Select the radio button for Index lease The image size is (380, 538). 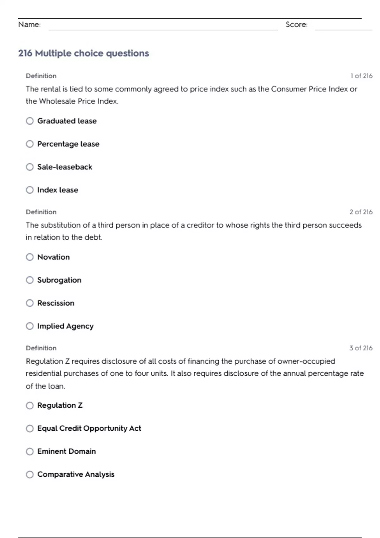tap(30, 190)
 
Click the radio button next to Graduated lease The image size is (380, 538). tap(30, 121)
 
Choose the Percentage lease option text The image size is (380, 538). tap(68, 144)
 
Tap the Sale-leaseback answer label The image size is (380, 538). tap(65, 167)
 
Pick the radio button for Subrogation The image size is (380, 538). tap(30, 280)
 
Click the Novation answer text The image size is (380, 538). tap(53, 257)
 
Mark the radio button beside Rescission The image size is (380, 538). tap(30, 303)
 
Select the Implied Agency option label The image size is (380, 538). tap(65, 326)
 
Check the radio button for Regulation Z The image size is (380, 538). tap(30, 405)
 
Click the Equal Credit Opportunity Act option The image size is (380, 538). tap(89, 428)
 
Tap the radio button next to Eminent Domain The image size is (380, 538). tap(30, 451)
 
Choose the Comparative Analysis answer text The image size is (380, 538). tap(76, 474)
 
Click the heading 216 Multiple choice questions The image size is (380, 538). tap(83, 53)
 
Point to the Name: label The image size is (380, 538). tap(29, 24)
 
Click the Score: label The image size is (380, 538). tap(296, 24)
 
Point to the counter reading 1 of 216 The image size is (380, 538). tap(361, 76)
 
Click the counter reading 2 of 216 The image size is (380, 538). tap(361, 212)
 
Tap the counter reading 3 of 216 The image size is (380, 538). tap(361, 348)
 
